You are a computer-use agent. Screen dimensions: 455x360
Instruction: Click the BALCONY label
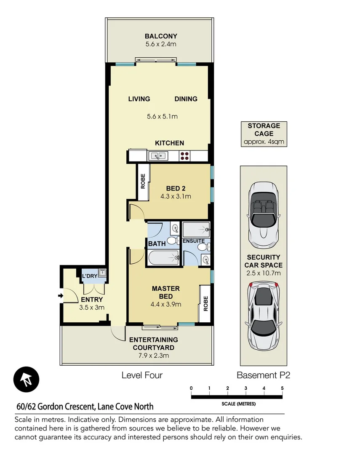[161, 36]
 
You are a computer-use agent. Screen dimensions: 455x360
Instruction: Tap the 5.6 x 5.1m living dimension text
[162, 116]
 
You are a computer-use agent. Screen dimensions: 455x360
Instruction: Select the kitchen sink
[158, 156]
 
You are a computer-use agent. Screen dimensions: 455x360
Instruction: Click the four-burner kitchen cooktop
[184, 156]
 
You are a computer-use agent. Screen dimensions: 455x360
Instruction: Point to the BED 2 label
[176, 188]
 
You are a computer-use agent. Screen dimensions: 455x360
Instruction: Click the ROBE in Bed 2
[143, 182]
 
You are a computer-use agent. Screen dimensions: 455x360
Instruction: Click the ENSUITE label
[194, 241]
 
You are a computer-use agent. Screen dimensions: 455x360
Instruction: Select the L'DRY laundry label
[89, 276]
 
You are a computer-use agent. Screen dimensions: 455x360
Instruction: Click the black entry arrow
[60, 296]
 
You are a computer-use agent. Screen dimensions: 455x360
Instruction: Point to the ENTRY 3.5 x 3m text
[92, 303]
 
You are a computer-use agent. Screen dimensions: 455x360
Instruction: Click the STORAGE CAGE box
[264, 134]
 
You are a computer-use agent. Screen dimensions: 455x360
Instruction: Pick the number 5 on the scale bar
[282, 388]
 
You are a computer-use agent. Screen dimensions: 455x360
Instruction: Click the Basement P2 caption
[263, 375]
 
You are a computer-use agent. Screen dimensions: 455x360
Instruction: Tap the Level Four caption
[142, 375]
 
